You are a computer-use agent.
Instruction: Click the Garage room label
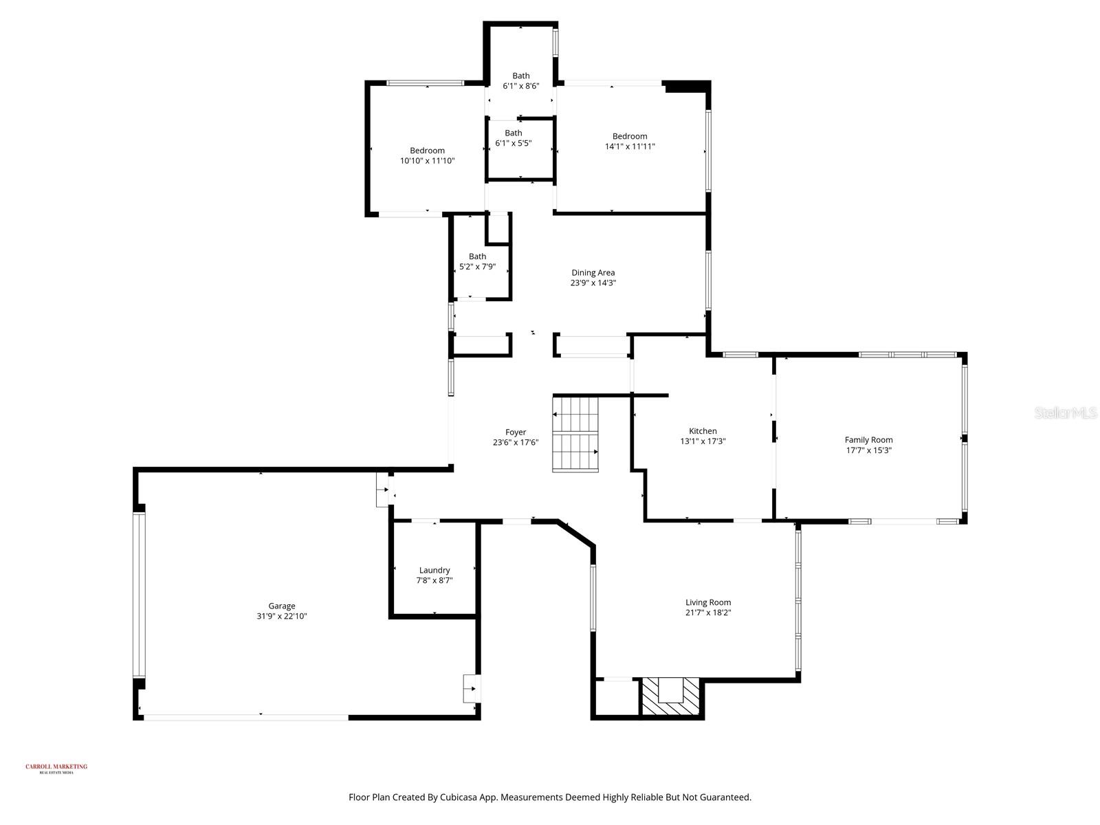pyautogui.click(x=281, y=606)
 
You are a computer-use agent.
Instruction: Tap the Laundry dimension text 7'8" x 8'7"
pyautogui.click(x=434, y=581)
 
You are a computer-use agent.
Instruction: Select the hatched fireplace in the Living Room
pyautogui.click(x=670, y=697)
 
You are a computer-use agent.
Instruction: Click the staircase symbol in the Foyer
pyautogui.click(x=575, y=433)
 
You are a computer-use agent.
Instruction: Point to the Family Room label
pyautogui.click(x=868, y=440)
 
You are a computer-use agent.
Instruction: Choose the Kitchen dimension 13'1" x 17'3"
pyautogui.click(x=703, y=441)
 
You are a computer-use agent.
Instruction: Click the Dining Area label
pyautogui.click(x=593, y=273)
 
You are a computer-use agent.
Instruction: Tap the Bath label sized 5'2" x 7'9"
pyautogui.click(x=477, y=256)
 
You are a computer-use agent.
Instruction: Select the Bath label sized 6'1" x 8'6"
pyautogui.click(x=520, y=76)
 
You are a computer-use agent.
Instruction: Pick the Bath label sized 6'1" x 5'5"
pyautogui.click(x=513, y=133)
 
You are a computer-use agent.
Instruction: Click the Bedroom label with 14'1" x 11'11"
pyautogui.click(x=630, y=136)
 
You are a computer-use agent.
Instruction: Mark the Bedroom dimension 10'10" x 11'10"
pyautogui.click(x=427, y=161)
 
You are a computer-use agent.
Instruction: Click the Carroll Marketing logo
pyautogui.click(x=56, y=768)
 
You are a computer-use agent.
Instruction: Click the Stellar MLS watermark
pyautogui.click(x=1065, y=413)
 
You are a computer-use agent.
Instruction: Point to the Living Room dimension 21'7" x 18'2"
pyautogui.click(x=707, y=613)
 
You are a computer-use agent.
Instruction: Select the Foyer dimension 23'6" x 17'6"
pyautogui.click(x=515, y=443)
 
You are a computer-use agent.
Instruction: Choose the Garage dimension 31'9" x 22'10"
pyautogui.click(x=281, y=616)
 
